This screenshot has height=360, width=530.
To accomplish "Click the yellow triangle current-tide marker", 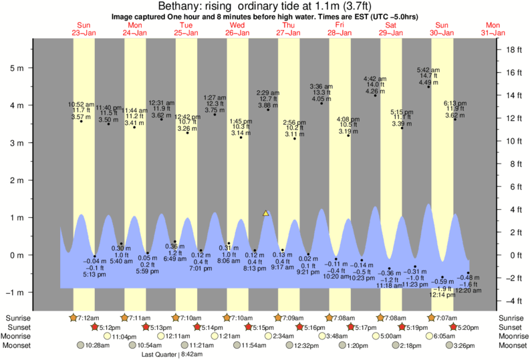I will point(266,214).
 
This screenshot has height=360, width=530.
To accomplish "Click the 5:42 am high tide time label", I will point(428,70).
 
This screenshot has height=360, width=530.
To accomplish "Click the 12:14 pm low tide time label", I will point(440,295).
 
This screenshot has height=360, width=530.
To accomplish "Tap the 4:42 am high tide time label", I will point(374,78).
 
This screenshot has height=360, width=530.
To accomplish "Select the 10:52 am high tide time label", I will point(80,104).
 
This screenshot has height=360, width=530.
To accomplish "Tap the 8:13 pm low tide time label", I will point(255,268).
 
